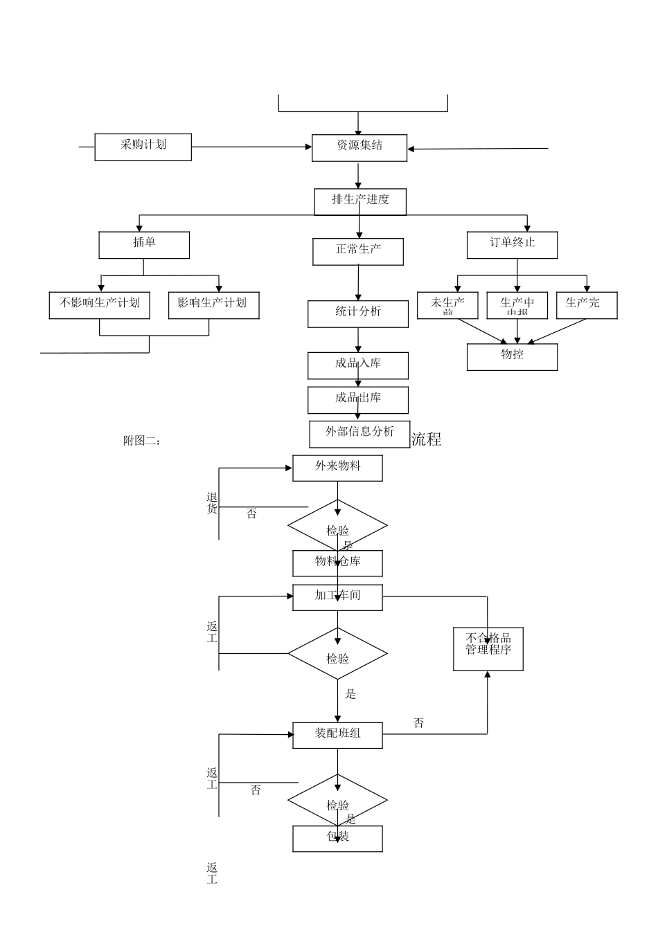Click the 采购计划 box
click(x=143, y=147)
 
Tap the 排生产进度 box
click(x=359, y=201)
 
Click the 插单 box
click(x=144, y=244)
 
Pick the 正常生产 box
click(x=357, y=251)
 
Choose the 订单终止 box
click(x=512, y=245)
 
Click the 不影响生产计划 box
click(x=99, y=305)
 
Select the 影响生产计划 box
click(x=213, y=305)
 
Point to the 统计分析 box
click(x=357, y=313)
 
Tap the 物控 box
click(x=512, y=356)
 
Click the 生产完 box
click(x=586, y=305)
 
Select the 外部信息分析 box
click(x=359, y=434)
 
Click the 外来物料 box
click(x=337, y=468)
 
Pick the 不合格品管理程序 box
click(x=488, y=649)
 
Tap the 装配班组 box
click(x=337, y=735)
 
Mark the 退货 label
click(x=212, y=503)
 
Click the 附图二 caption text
click(x=142, y=441)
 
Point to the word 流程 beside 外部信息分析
click(x=426, y=439)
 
